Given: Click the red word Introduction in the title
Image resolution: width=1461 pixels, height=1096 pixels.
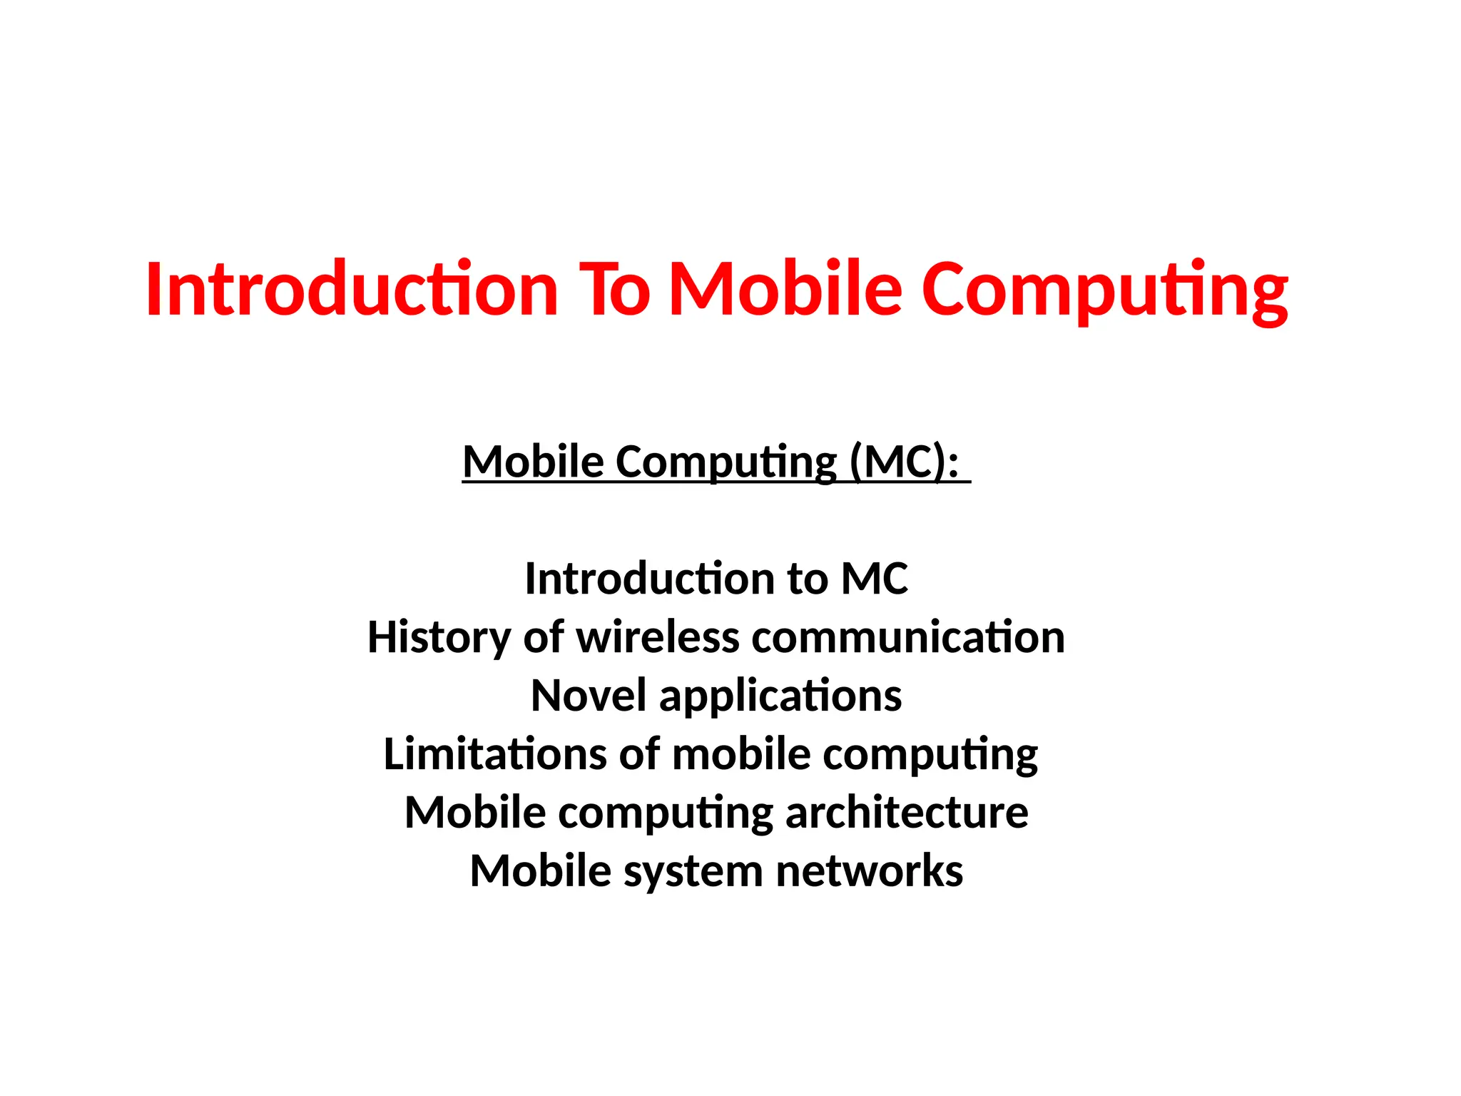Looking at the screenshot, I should (352, 289).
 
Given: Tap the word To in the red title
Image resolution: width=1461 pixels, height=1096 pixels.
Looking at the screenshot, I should (614, 289).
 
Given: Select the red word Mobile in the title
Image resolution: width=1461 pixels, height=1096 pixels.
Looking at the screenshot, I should (786, 289).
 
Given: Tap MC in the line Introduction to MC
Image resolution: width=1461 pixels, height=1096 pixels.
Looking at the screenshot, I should (875, 578).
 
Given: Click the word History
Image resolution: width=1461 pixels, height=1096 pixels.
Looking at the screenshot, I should (439, 637).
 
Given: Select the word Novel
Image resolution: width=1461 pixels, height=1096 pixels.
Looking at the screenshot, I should (589, 695).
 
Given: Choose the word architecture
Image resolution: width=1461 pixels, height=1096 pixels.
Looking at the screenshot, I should (907, 812).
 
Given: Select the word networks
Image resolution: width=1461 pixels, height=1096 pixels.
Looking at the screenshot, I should (870, 871).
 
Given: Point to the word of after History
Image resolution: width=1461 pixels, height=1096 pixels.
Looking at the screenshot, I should (544, 636).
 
